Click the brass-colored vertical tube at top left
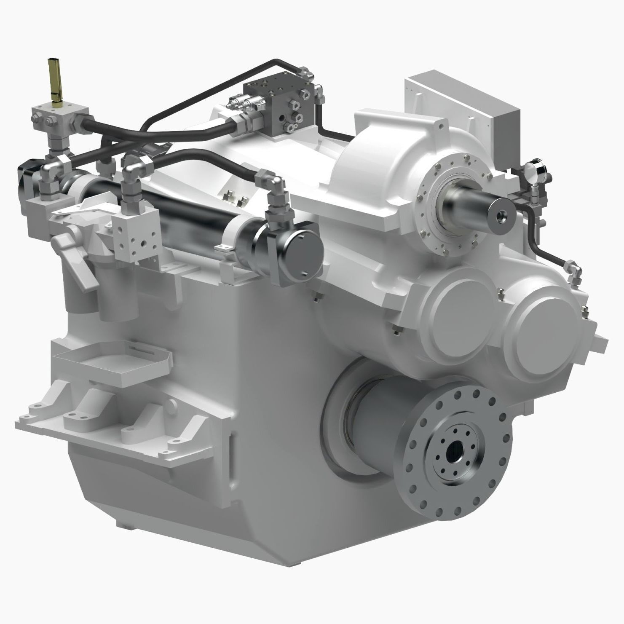point(54,80)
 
